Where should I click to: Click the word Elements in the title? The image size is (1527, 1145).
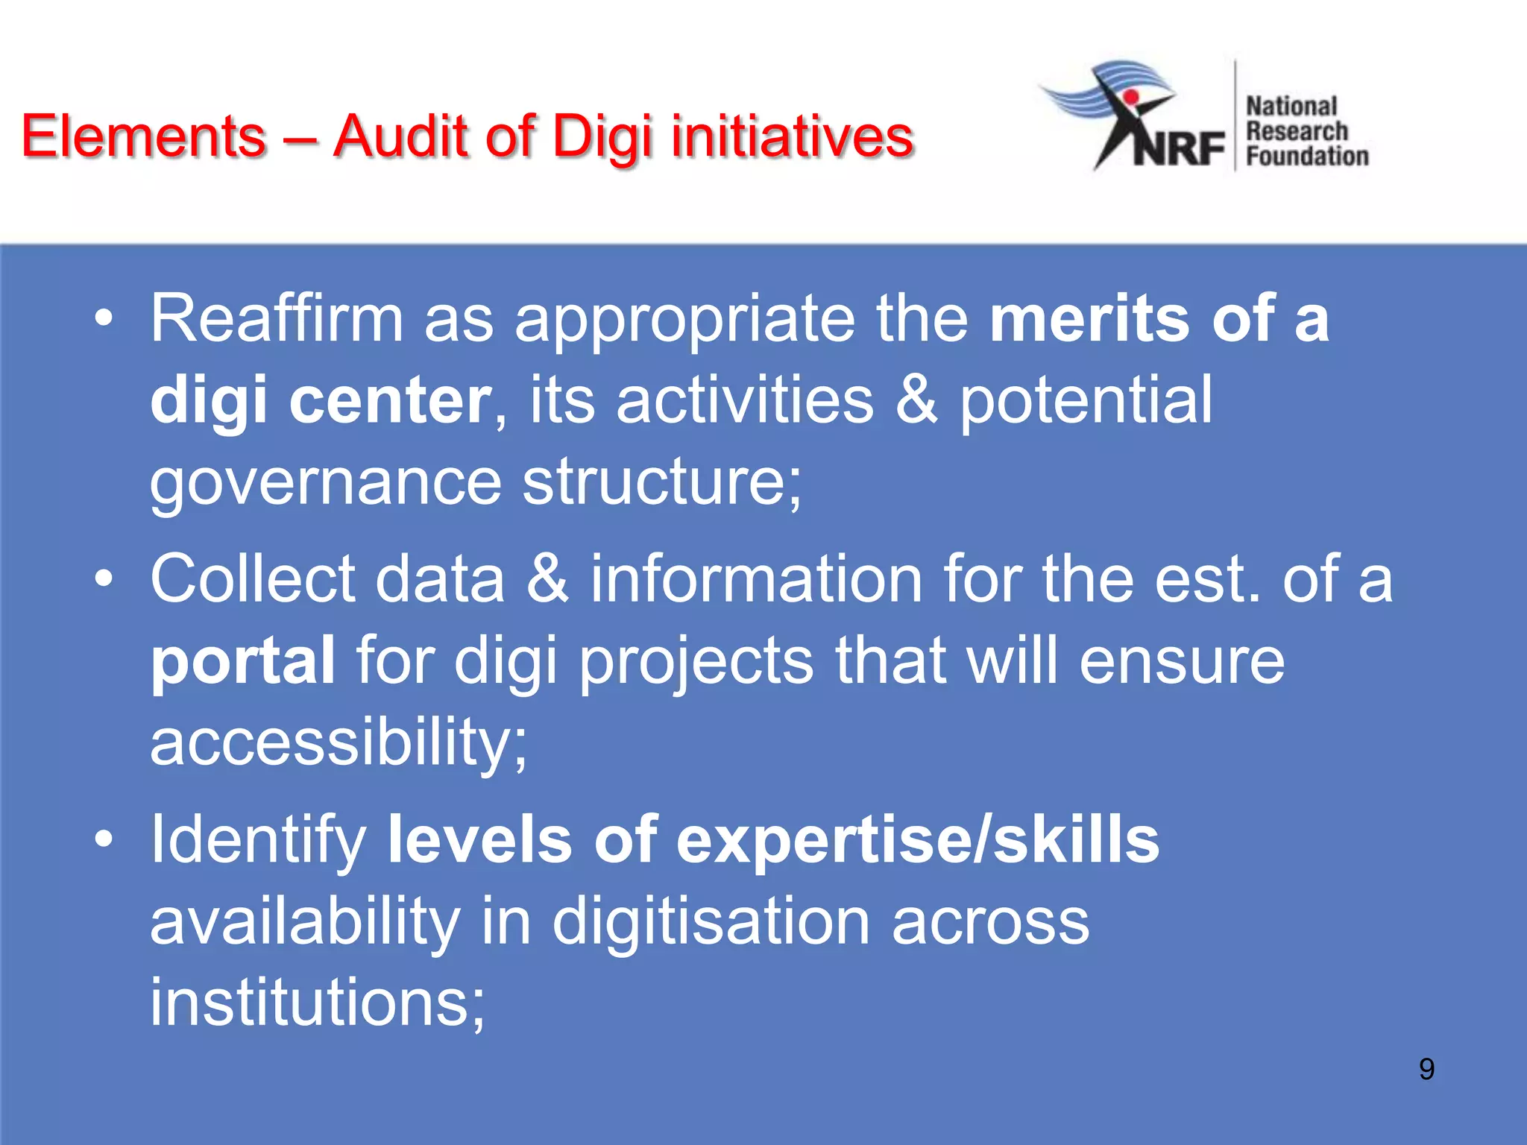[144, 136]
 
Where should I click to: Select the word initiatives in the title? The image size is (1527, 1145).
[792, 136]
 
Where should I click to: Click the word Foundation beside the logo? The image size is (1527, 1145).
[1307, 157]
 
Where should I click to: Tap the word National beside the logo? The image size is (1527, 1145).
[1291, 107]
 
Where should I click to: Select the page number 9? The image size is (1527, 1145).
[1426, 1069]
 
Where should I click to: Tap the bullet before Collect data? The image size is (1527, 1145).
[104, 579]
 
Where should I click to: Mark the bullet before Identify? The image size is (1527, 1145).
[104, 840]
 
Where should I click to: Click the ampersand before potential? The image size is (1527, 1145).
[916, 400]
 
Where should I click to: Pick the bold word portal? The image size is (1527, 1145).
[243, 660]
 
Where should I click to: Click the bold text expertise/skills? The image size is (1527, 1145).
[916, 840]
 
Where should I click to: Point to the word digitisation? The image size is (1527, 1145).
[711, 921]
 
